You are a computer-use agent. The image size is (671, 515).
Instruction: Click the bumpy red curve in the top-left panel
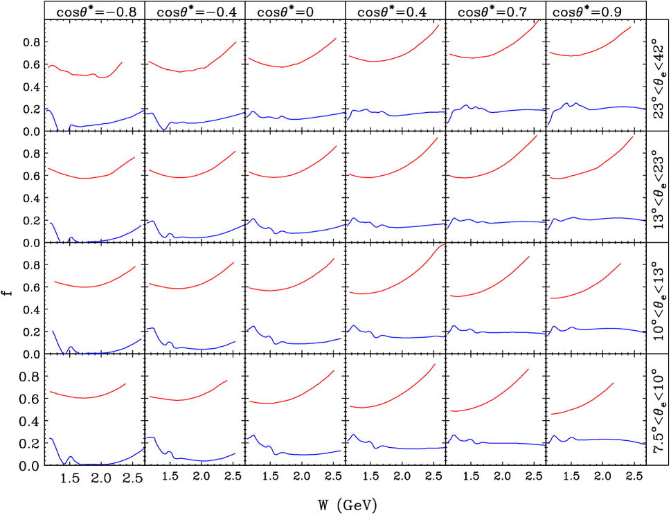pyautogui.click(x=76, y=73)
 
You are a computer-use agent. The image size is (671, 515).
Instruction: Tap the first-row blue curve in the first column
pyautogui.click(x=104, y=124)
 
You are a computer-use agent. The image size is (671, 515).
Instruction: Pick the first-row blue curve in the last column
pyautogui.click(x=609, y=107)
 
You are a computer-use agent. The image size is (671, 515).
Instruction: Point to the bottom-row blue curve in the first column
pyautogui.click(x=104, y=464)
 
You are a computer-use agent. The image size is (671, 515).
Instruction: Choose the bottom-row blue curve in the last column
pyautogui.click(x=609, y=439)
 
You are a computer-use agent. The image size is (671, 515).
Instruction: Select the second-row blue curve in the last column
pyautogui.click(x=609, y=218)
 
